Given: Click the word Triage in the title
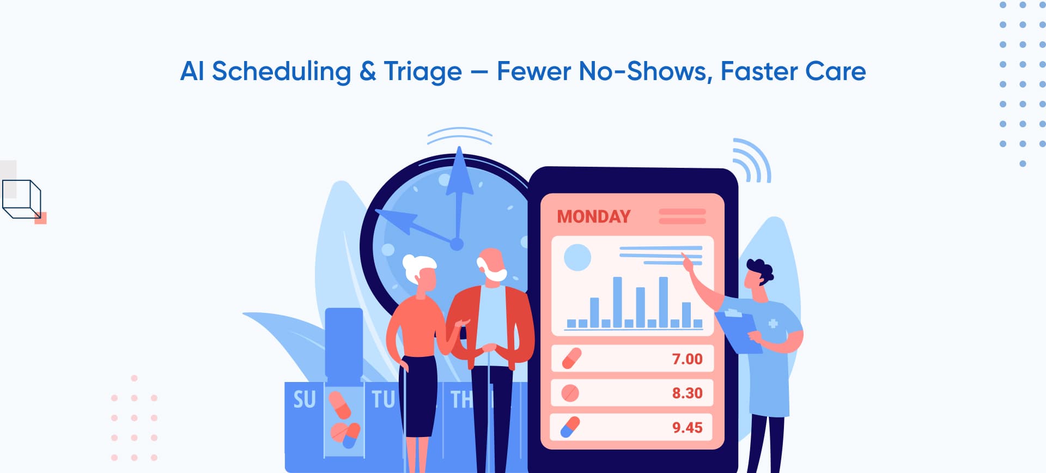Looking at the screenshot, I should pos(423,71).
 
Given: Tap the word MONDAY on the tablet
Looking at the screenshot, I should pos(593,216).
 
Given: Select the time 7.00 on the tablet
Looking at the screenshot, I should pos(687,359).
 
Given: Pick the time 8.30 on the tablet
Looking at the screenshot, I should pos(687,393).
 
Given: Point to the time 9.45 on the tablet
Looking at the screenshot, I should pos(687,427).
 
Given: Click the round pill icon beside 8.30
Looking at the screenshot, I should pos(570,393).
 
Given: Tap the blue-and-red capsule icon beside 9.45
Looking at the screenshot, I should pos(570,427).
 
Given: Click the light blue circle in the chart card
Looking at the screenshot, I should pos(577,257).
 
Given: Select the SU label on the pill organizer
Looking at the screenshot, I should pos(305,399).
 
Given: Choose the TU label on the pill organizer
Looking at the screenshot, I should pos(383,399).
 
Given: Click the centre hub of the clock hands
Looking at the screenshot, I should pos(457,244).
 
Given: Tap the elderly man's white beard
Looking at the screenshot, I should pos(496,274).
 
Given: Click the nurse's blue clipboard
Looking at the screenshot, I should pos(738,330).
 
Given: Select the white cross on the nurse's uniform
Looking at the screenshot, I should pos(773,324).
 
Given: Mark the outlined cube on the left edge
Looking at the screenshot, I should pos(22,199).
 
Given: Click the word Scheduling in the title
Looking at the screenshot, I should pos(281,71).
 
